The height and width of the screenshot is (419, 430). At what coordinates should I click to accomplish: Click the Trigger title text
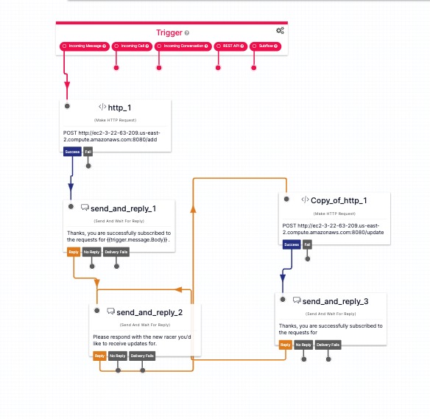click(169, 32)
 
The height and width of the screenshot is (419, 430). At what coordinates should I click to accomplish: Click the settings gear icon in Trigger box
click(280, 31)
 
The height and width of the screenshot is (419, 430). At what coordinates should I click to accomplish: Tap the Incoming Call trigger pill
click(133, 46)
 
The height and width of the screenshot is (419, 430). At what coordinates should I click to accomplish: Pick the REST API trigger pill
click(230, 46)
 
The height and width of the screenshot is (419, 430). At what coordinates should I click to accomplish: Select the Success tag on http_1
click(72, 152)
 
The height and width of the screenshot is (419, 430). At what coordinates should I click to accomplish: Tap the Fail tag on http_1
click(88, 152)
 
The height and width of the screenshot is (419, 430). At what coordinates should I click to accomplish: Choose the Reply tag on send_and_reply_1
click(74, 252)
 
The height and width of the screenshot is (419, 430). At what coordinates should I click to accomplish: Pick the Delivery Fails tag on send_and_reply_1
click(115, 252)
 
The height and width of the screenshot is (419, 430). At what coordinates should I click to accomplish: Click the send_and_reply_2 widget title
click(149, 312)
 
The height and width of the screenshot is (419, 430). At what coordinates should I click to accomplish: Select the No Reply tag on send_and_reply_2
click(117, 356)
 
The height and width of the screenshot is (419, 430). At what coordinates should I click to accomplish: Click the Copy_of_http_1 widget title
click(339, 200)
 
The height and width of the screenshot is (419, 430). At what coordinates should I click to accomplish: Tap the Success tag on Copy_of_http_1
click(292, 244)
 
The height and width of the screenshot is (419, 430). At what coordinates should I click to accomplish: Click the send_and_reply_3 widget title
click(335, 301)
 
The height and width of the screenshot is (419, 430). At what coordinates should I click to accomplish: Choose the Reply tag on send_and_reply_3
click(285, 345)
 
